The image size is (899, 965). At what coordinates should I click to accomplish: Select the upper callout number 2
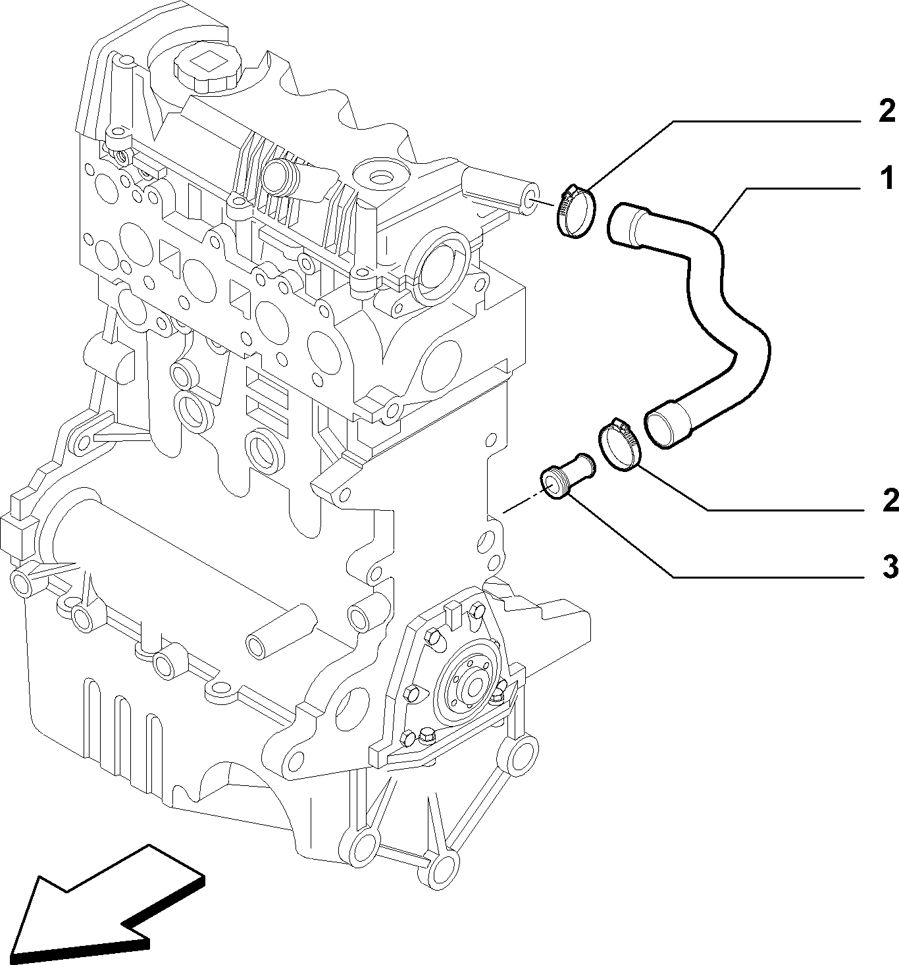[886, 111]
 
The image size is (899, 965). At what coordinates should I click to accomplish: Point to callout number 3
[890, 567]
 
